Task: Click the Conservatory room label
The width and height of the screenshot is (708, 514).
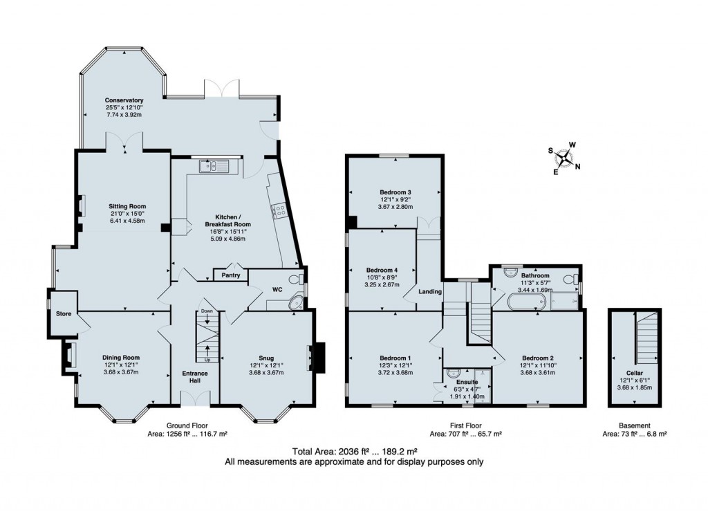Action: tap(124, 100)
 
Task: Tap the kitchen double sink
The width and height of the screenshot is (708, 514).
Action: tap(214, 165)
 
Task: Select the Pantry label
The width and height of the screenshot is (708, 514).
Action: tap(230, 275)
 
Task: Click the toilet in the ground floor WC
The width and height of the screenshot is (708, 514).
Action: tap(297, 278)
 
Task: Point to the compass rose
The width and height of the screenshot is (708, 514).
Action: tap(566, 160)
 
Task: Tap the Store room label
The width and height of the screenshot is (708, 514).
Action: tap(64, 314)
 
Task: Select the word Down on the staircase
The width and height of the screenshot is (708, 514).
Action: tap(206, 312)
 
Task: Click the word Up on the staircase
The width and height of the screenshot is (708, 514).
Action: tap(207, 360)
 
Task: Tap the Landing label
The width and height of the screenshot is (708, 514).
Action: tap(430, 292)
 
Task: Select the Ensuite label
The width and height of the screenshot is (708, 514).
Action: tap(467, 381)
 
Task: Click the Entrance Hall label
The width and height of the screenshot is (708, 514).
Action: tap(194, 378)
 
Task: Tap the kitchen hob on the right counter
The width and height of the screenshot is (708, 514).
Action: tap(281, 211)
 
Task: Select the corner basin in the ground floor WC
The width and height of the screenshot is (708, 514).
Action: tap(297, 302)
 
